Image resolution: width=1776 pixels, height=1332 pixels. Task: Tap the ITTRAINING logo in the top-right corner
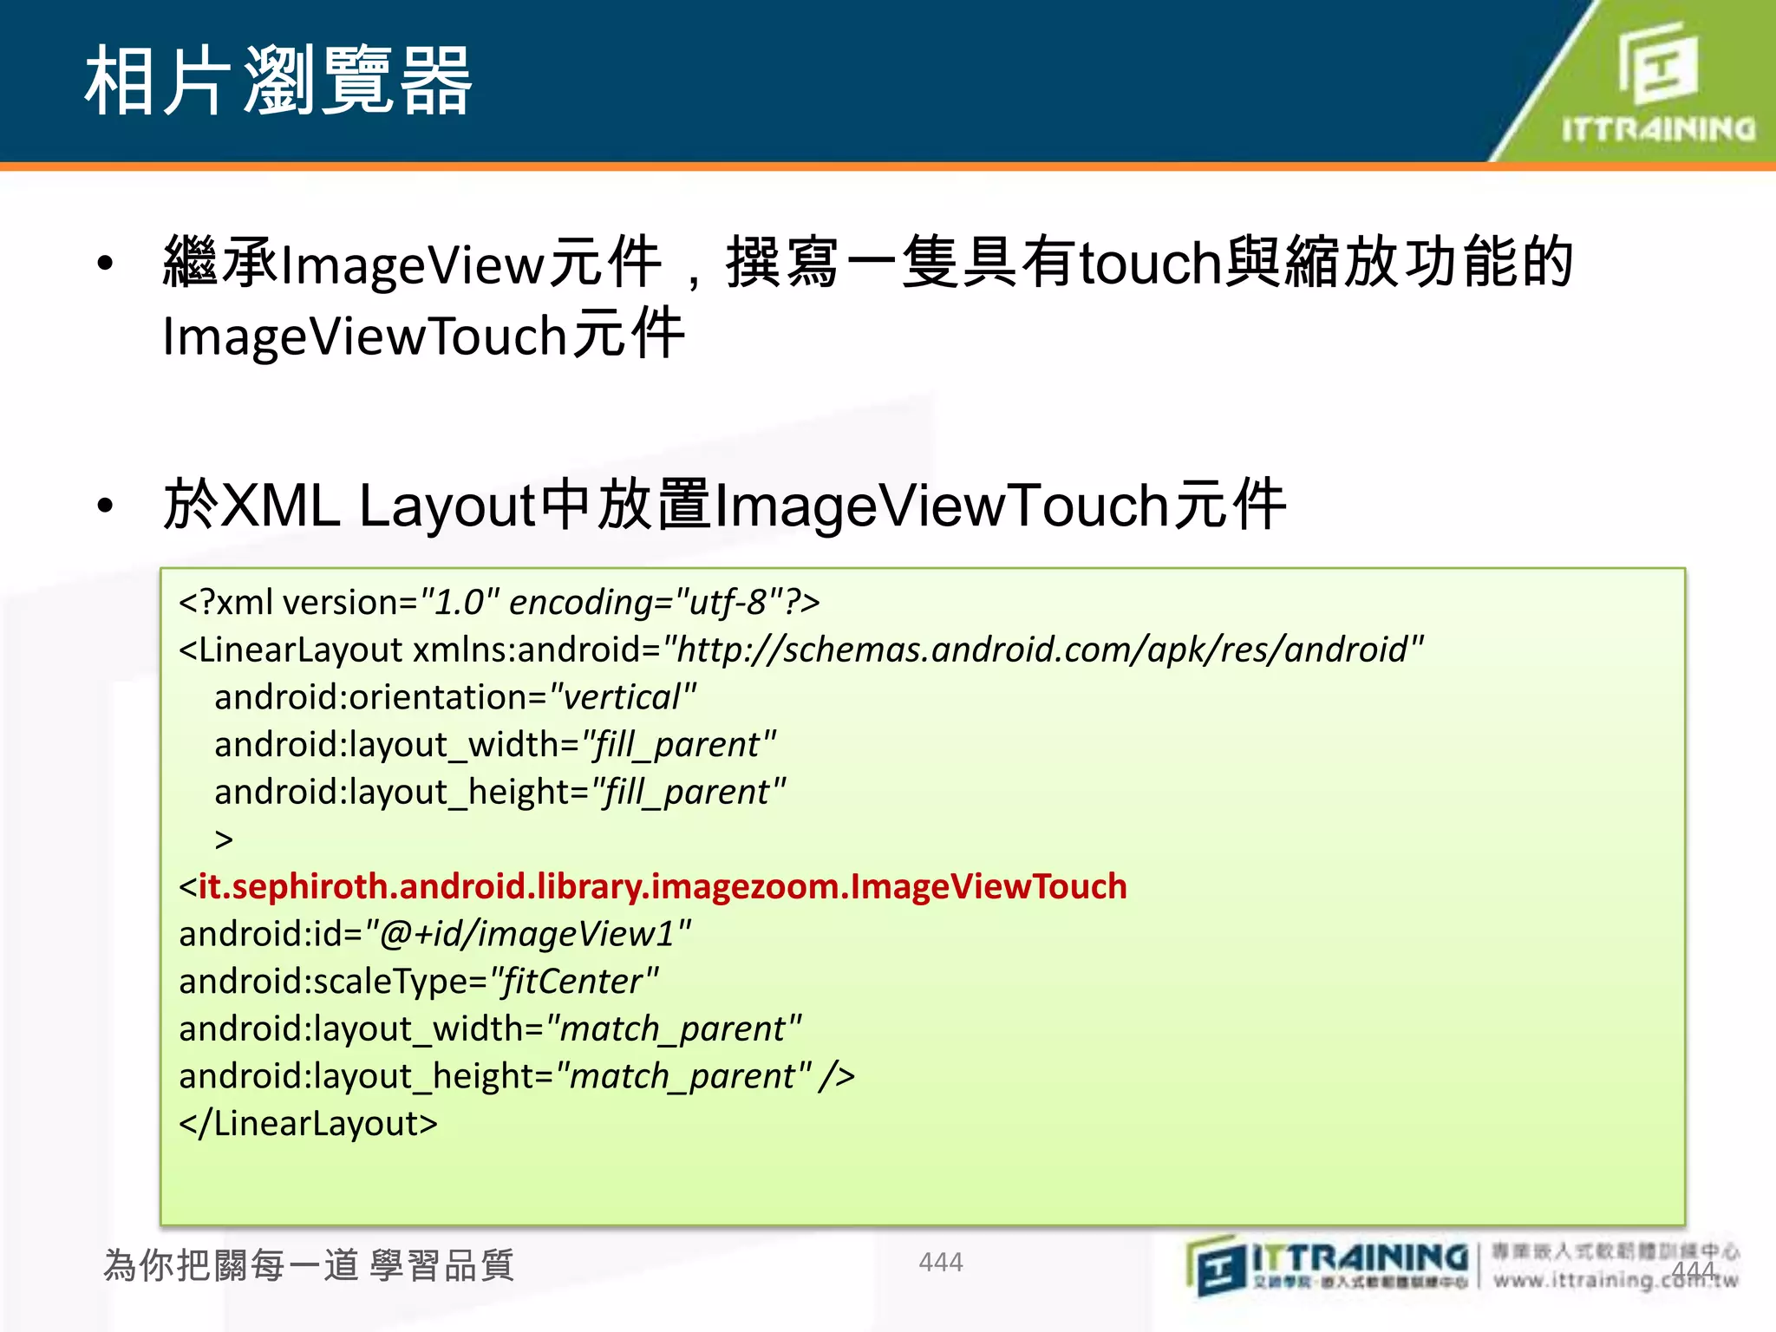[1657, 82]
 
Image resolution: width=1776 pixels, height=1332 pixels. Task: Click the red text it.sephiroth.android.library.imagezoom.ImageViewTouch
[663, 886]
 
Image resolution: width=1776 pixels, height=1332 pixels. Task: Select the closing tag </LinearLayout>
[308, 1123]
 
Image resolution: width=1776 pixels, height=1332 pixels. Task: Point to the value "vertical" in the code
[623, 697]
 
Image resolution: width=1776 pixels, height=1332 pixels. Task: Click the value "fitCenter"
[574, 982]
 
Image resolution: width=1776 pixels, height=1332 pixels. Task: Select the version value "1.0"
[460, 602]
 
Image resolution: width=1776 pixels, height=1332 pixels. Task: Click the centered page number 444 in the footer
[941, 1262]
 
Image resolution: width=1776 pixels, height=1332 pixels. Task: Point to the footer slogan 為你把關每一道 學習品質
[309, 1265]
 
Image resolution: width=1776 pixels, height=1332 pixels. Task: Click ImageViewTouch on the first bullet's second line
[364, 336]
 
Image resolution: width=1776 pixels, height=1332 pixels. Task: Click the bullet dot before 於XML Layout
[106, 506]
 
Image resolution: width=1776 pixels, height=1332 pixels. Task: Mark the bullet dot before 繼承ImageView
[106, 263]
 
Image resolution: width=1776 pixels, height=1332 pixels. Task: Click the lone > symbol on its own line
[224, 839]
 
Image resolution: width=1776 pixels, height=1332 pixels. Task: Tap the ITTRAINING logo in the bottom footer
[1327, 1265]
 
